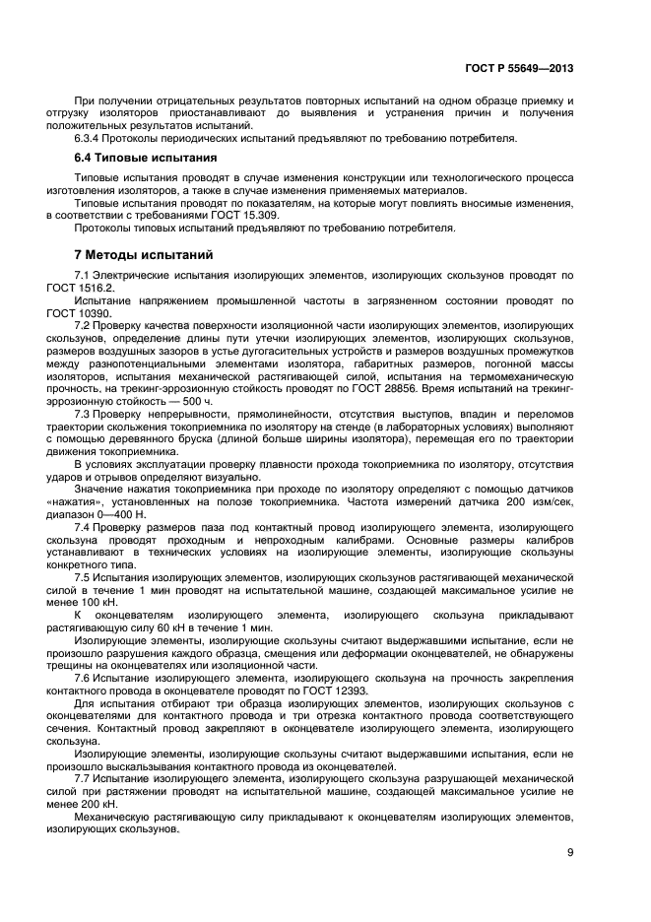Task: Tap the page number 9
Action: point(570,853)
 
